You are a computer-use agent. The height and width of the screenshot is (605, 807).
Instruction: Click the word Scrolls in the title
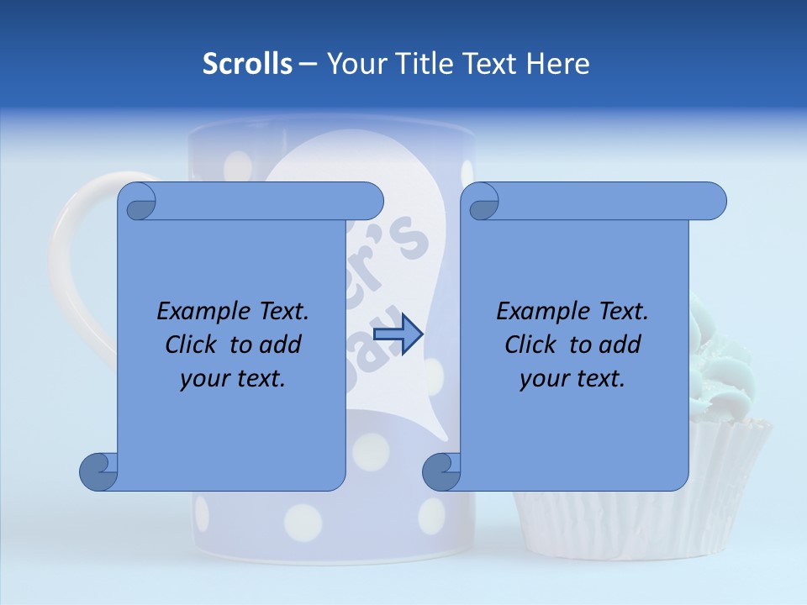click(247, 64)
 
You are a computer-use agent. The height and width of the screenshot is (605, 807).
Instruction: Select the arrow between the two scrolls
click(398, 335)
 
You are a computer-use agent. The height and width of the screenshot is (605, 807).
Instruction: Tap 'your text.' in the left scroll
click(233, 378)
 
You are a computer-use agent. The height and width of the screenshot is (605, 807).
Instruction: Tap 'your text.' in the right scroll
click(572, 378)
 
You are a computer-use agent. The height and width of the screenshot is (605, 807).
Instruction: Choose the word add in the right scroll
click(620, 345)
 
